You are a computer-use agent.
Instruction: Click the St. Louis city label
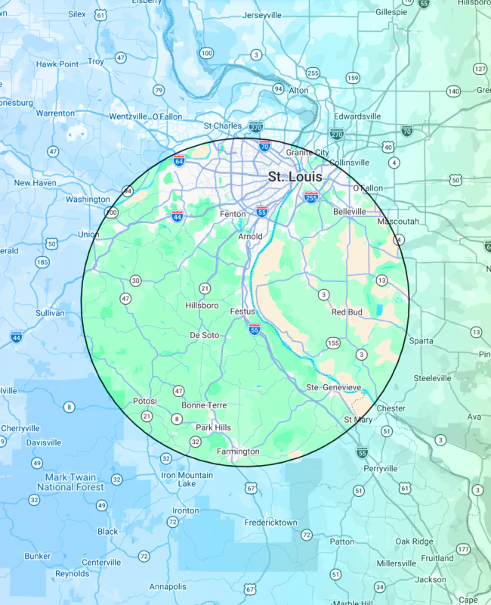click(x=295, y=177)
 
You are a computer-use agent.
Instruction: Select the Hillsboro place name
click(x=202, y=306)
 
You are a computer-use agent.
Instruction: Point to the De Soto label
click(x=204, y=334)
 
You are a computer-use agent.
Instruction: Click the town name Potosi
click(x=144, y=400)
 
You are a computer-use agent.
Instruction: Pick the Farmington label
click(x=238, y=451)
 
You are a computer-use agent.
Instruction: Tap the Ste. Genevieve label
click(x=334, y=387)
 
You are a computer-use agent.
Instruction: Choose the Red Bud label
click(x=347, y=312)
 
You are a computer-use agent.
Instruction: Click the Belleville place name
click(x=349, y=211)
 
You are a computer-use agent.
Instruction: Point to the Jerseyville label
click(x=262, y=15)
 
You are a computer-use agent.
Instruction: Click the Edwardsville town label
click(x=357, y=116)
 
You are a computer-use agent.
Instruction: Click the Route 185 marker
click(x=42, y=262)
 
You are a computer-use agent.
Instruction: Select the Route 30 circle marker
click(x=135, y=281)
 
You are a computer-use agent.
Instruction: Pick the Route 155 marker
click(x=333, y=343)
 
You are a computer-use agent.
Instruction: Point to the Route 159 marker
click(x=353, y=78)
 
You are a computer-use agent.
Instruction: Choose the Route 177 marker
click(x=463, y=549)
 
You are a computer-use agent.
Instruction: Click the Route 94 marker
click(x=278, y=89)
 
